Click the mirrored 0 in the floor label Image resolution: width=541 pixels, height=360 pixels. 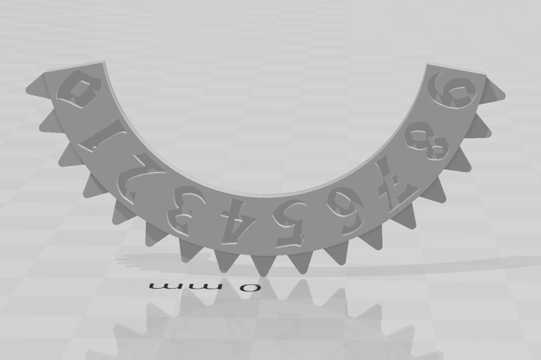point(249,287)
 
